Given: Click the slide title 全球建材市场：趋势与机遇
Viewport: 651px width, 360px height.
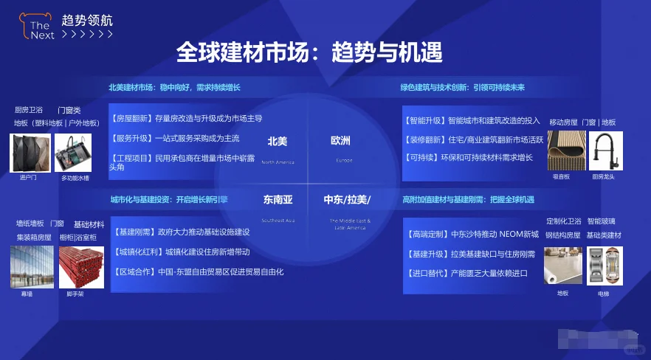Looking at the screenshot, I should point(309,52).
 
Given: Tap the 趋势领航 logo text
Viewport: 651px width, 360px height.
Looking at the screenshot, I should point(88,20).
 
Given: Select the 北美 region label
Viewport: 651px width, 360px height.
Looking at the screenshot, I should point(278,141).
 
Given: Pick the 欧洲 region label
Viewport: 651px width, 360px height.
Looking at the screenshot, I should point(340,141).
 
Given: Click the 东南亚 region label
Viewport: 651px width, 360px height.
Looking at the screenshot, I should point(278,199).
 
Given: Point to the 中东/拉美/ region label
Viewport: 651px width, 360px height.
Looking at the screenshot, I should point(347,199).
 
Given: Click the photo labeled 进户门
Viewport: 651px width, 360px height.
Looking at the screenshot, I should point(30,153).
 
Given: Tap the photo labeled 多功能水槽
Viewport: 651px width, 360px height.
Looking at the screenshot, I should point(75,153).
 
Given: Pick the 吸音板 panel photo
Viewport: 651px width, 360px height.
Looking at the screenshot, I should point(566,150).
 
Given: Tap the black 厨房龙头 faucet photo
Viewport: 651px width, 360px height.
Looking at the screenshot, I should point(605,150).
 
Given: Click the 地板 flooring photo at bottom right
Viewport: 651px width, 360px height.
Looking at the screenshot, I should point(562,266).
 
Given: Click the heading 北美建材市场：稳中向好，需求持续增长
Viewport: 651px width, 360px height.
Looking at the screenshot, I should point(175,88).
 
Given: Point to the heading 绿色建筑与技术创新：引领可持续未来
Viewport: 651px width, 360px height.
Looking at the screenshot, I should point(462,88).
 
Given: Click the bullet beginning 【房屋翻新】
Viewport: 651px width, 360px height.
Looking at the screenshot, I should point(186,118).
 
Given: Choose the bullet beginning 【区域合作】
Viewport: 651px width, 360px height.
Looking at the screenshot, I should point(197,271).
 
